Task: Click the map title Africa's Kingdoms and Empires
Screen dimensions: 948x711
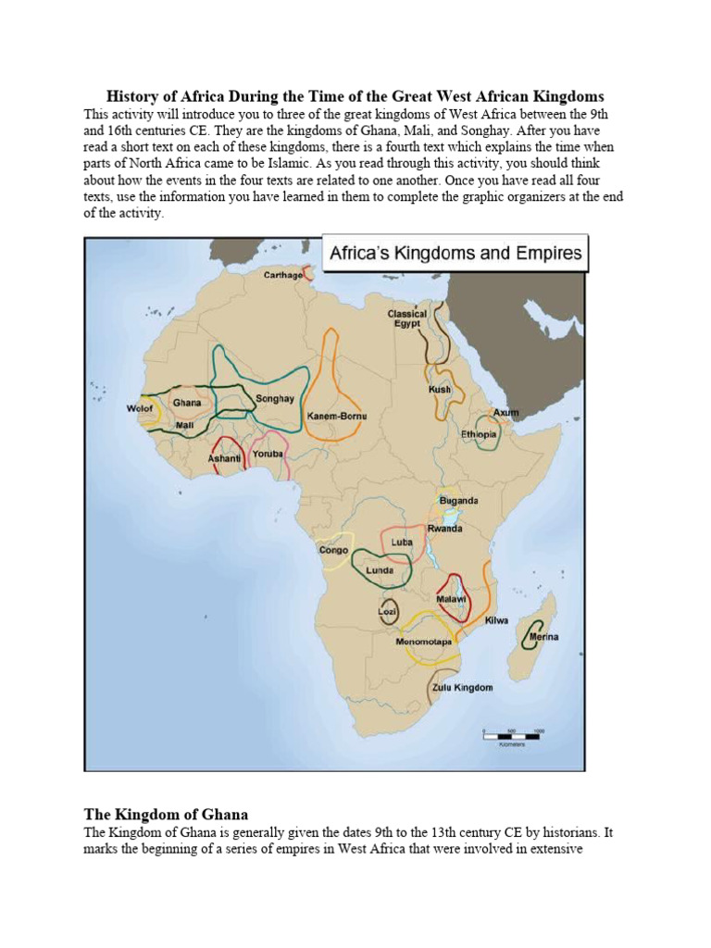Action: pyautogui.click(x=453, y=253)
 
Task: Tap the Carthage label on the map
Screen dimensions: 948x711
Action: pyautogui.click(x=282, y=275)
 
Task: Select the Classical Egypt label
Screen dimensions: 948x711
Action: pyautogui.click(x=407, y=319)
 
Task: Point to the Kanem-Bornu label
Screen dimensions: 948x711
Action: pyautogui.click(x=336, y=417)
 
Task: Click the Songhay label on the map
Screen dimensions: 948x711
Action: pyautogui.click(x=274, y=399)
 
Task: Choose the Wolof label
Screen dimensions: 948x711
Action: pyautogui.click(x=139, y=408)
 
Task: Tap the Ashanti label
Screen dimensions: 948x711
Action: pyautogui.click(x=223, y=457)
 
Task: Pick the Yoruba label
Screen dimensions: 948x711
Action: pyautogui.click(x=268, y=454)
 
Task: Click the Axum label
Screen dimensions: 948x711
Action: pyautogui.click(x=505, y=412)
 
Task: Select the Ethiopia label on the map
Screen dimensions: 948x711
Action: pyautogui.click(x=479, y=434)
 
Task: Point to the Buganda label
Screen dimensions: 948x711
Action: pyautogui.click(x=458, y=501)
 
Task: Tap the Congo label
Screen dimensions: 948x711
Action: pyautogui.click(x=333, y=550)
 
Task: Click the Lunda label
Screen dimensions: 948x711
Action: pyautogui.click(x=379, y=570)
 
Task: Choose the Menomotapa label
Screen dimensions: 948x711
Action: pyautogui.click(x=423, y=642)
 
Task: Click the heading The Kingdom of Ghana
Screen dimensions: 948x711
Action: pyautogui.click(x=166, y=815)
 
